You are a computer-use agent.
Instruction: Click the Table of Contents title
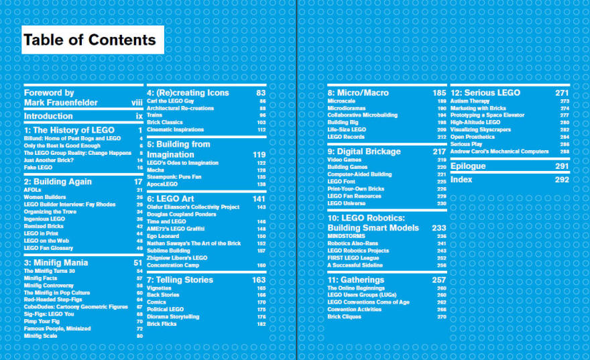point(93,40)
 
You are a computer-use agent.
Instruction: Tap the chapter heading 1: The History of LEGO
point(69,130)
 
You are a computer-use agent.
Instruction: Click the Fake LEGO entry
point(39,168)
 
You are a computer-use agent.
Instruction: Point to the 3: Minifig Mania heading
point(56,263)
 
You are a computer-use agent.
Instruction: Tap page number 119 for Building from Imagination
point(259,154)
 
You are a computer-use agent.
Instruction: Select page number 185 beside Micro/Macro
point(439,93)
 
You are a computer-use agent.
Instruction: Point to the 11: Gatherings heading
point(356,280)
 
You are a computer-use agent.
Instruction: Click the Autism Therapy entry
point(470,101)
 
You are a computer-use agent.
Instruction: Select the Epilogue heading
point(469,166)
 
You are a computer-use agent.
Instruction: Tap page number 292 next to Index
point(562,180)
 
